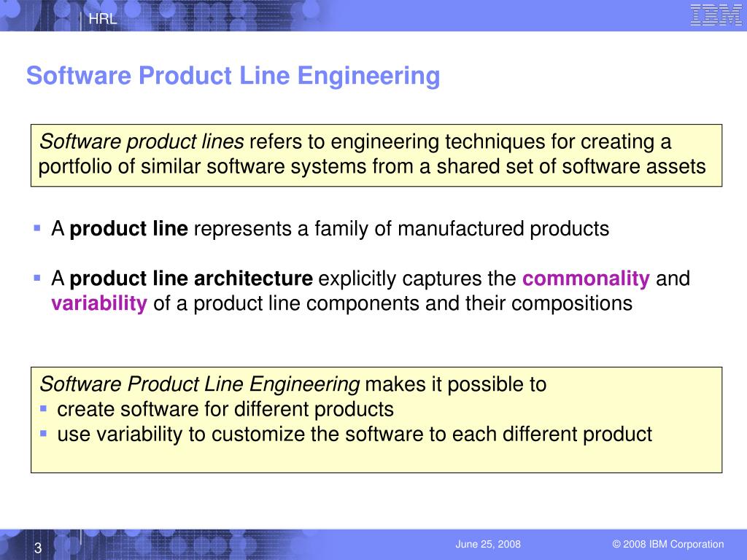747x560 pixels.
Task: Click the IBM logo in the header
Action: [x=716, y=15]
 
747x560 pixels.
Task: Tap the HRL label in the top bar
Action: [x=103, y=20]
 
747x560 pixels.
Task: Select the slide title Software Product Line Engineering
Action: [x=233, y=76]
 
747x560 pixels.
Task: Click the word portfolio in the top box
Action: [x=75, y=167]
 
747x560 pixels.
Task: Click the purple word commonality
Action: [x=587, y=279]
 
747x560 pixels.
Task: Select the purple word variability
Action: [x=99, y=303]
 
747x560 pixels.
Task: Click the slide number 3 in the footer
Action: [x=37, y=548]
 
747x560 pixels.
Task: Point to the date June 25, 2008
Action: [x=488, y=545]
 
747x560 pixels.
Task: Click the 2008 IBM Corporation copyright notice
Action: [x=668, y=545]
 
